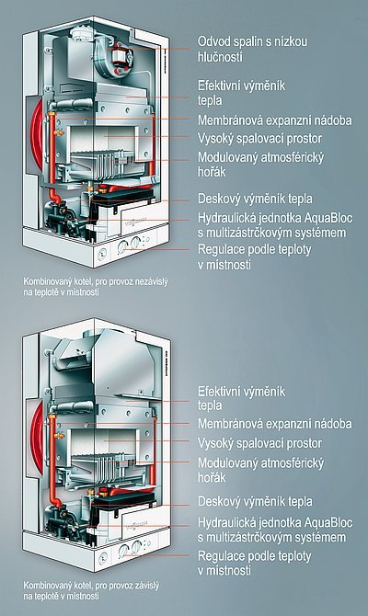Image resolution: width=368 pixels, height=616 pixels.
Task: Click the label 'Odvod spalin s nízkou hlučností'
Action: pyautogui.click(x=252, y=49)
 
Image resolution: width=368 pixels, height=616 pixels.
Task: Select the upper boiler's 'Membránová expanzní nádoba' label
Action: pyautogui.click(x=274, y=120)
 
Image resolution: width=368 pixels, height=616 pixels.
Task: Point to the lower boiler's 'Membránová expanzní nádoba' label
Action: pyautogui.click(x=274, y=424)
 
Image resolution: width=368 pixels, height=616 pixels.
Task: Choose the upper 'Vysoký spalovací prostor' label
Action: pyautogui.click(x=259, y=139)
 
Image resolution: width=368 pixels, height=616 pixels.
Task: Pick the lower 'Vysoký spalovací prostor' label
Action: pyautogui.click(x=259, y=443)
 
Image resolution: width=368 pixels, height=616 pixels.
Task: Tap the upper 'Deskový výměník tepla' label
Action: pyautogui.click(x=255, y=199)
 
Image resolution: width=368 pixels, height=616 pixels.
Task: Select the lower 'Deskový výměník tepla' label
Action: pyautogui.click(x=255, y=501)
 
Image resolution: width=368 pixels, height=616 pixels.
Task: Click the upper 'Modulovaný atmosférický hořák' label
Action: pyautogui.click(x=260, y=165)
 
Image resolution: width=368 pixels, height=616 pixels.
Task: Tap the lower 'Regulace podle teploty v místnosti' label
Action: pyautogui.click(x=254, y=563)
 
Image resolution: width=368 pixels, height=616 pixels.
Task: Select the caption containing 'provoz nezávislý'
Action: pyautogui.click(x=96, y=287)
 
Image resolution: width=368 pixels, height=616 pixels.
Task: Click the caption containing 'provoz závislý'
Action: pyautogui.click(x=91, y=590)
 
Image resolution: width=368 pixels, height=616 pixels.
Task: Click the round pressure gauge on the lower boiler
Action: pyautogui.click(x=103, y=558)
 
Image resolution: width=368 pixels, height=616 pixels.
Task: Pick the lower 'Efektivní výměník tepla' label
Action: pyautogui.click(x=241, y=398)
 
